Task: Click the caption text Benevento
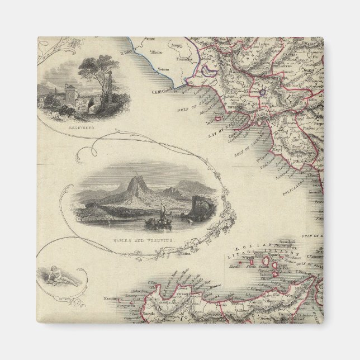pos(82,127)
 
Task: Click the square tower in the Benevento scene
pos(70,92)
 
